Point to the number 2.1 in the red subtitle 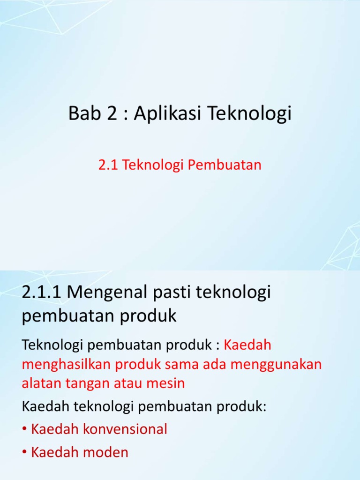tap(108, 165)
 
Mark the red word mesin tap(167, 383)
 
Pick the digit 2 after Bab tap(112, 114)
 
